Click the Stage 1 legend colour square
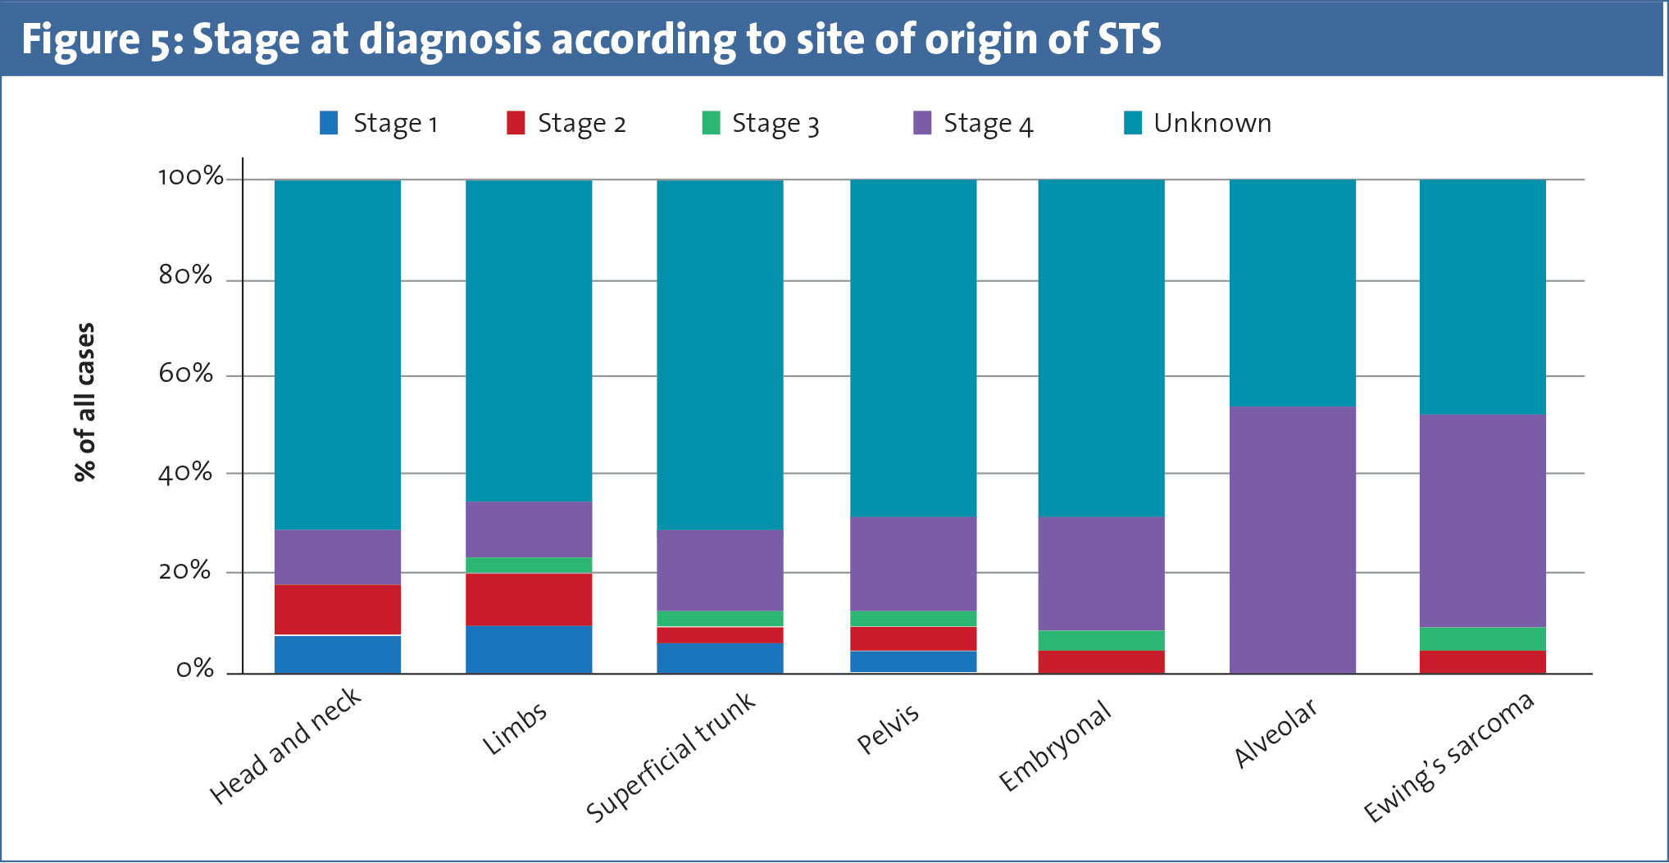(329, 123)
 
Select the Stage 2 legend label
(581, 124)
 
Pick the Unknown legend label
(1212, 123)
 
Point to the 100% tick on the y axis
(190, 177)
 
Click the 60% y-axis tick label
(185, 375)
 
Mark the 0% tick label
(194, 670)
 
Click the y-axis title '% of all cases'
(84, 402)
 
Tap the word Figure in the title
(80, 39)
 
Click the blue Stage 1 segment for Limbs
(529, 649)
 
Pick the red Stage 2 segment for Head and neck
(338, 609)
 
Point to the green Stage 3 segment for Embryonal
(1101, 640)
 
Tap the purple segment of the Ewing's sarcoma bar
(1482, 520)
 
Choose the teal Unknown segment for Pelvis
(913, 347)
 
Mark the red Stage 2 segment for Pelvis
(913, 638)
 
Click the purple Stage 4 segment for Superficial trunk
(720, 570)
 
